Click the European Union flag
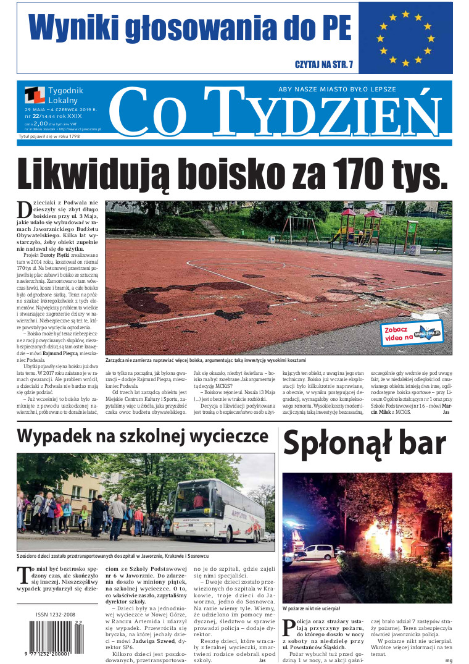tap(405, 38)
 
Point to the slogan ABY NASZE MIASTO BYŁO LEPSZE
tap(337, 89)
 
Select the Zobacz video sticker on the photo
tap(411, 334)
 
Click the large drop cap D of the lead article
tap(24, 209)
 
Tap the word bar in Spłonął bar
tap(419, 444)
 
